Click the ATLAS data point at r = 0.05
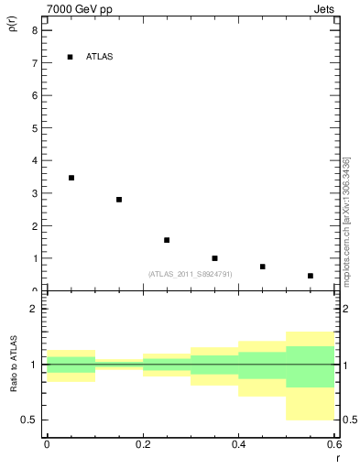click(x=71, y=178)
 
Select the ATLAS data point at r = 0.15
click(x=119, y=200)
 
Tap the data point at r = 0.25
click(x=167, y=240)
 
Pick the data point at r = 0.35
click(x=214, y=258)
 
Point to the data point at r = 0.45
click(x=262, y=267)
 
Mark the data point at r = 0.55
click(x=311, y=276)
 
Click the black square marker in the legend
click(x=70, y=57)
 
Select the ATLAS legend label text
click(x=99, y=57)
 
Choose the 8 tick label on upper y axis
click(x=34, y=30)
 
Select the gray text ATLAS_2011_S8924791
click(x=190, y=274)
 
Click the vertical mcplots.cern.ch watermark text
click(x=346, y=221)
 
